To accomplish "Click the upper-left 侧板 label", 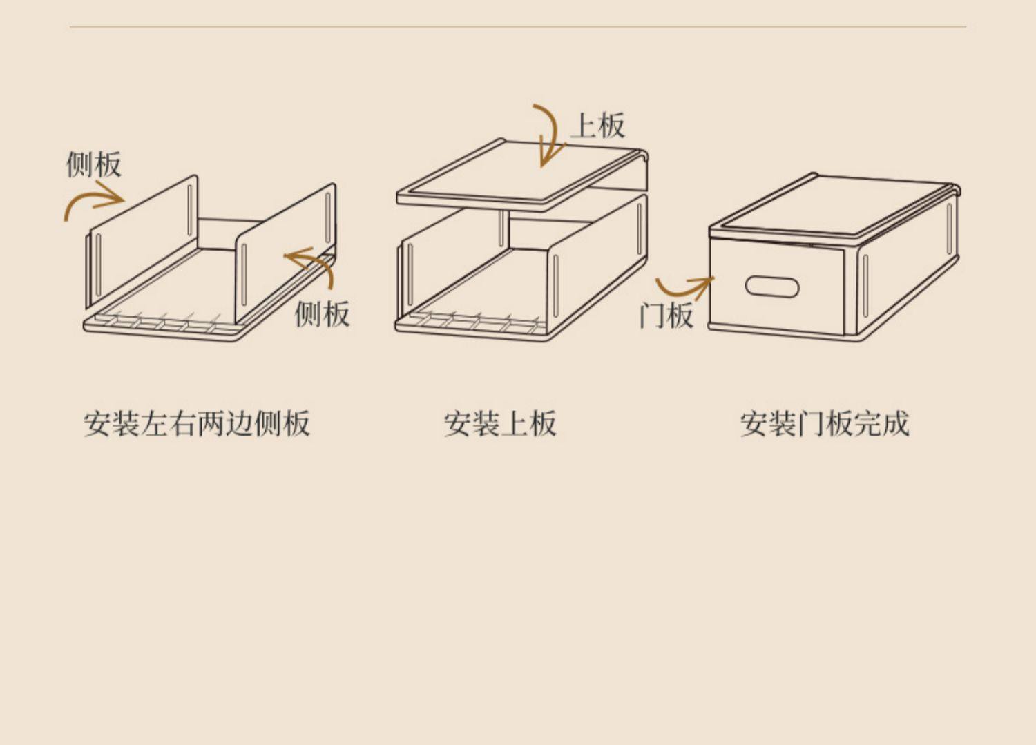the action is coord(94,165).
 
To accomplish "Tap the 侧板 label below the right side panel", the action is coord(322,313).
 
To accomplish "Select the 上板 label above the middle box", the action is coord(597,126).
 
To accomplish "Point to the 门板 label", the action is coord(666,316).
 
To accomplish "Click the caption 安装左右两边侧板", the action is coord(197,423).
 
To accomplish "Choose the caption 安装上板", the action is coord(500,423).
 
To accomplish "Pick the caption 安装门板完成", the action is coord(825,423).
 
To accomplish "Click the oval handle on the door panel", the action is coord(772,287).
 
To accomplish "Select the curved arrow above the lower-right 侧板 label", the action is coord(314,266).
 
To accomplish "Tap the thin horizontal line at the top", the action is coord(518,28).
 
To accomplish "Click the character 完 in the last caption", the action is coord(867,423).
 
